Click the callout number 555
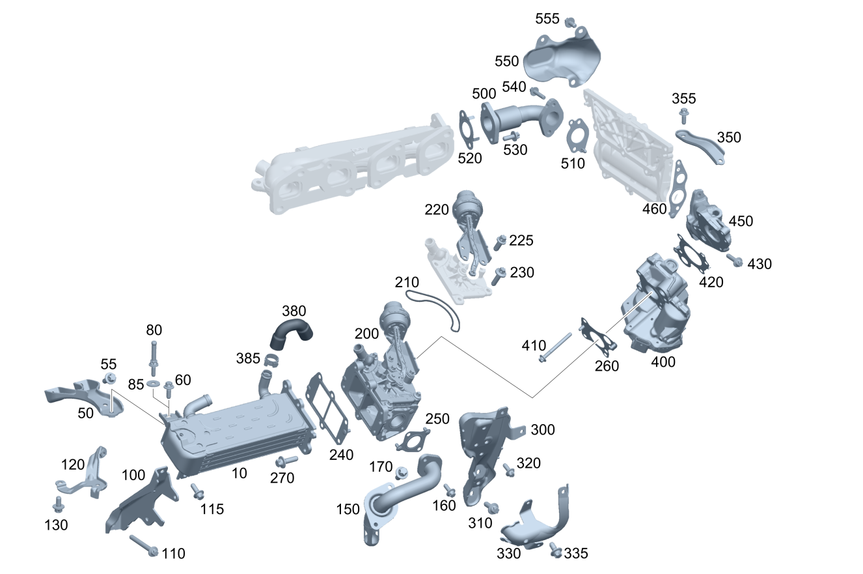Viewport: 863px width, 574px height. (x=547, y=18)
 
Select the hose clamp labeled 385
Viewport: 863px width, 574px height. (x=271, y=361)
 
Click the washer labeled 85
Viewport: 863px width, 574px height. (x=154, y=384)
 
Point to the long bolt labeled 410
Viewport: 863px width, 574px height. (x=555, y=347)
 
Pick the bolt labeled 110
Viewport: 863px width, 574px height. (x=144, y=545)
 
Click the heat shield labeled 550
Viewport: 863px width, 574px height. (x=563, y=58)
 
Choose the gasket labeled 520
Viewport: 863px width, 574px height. (x=467, y=130)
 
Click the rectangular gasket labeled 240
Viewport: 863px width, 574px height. (x=327, y=410)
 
